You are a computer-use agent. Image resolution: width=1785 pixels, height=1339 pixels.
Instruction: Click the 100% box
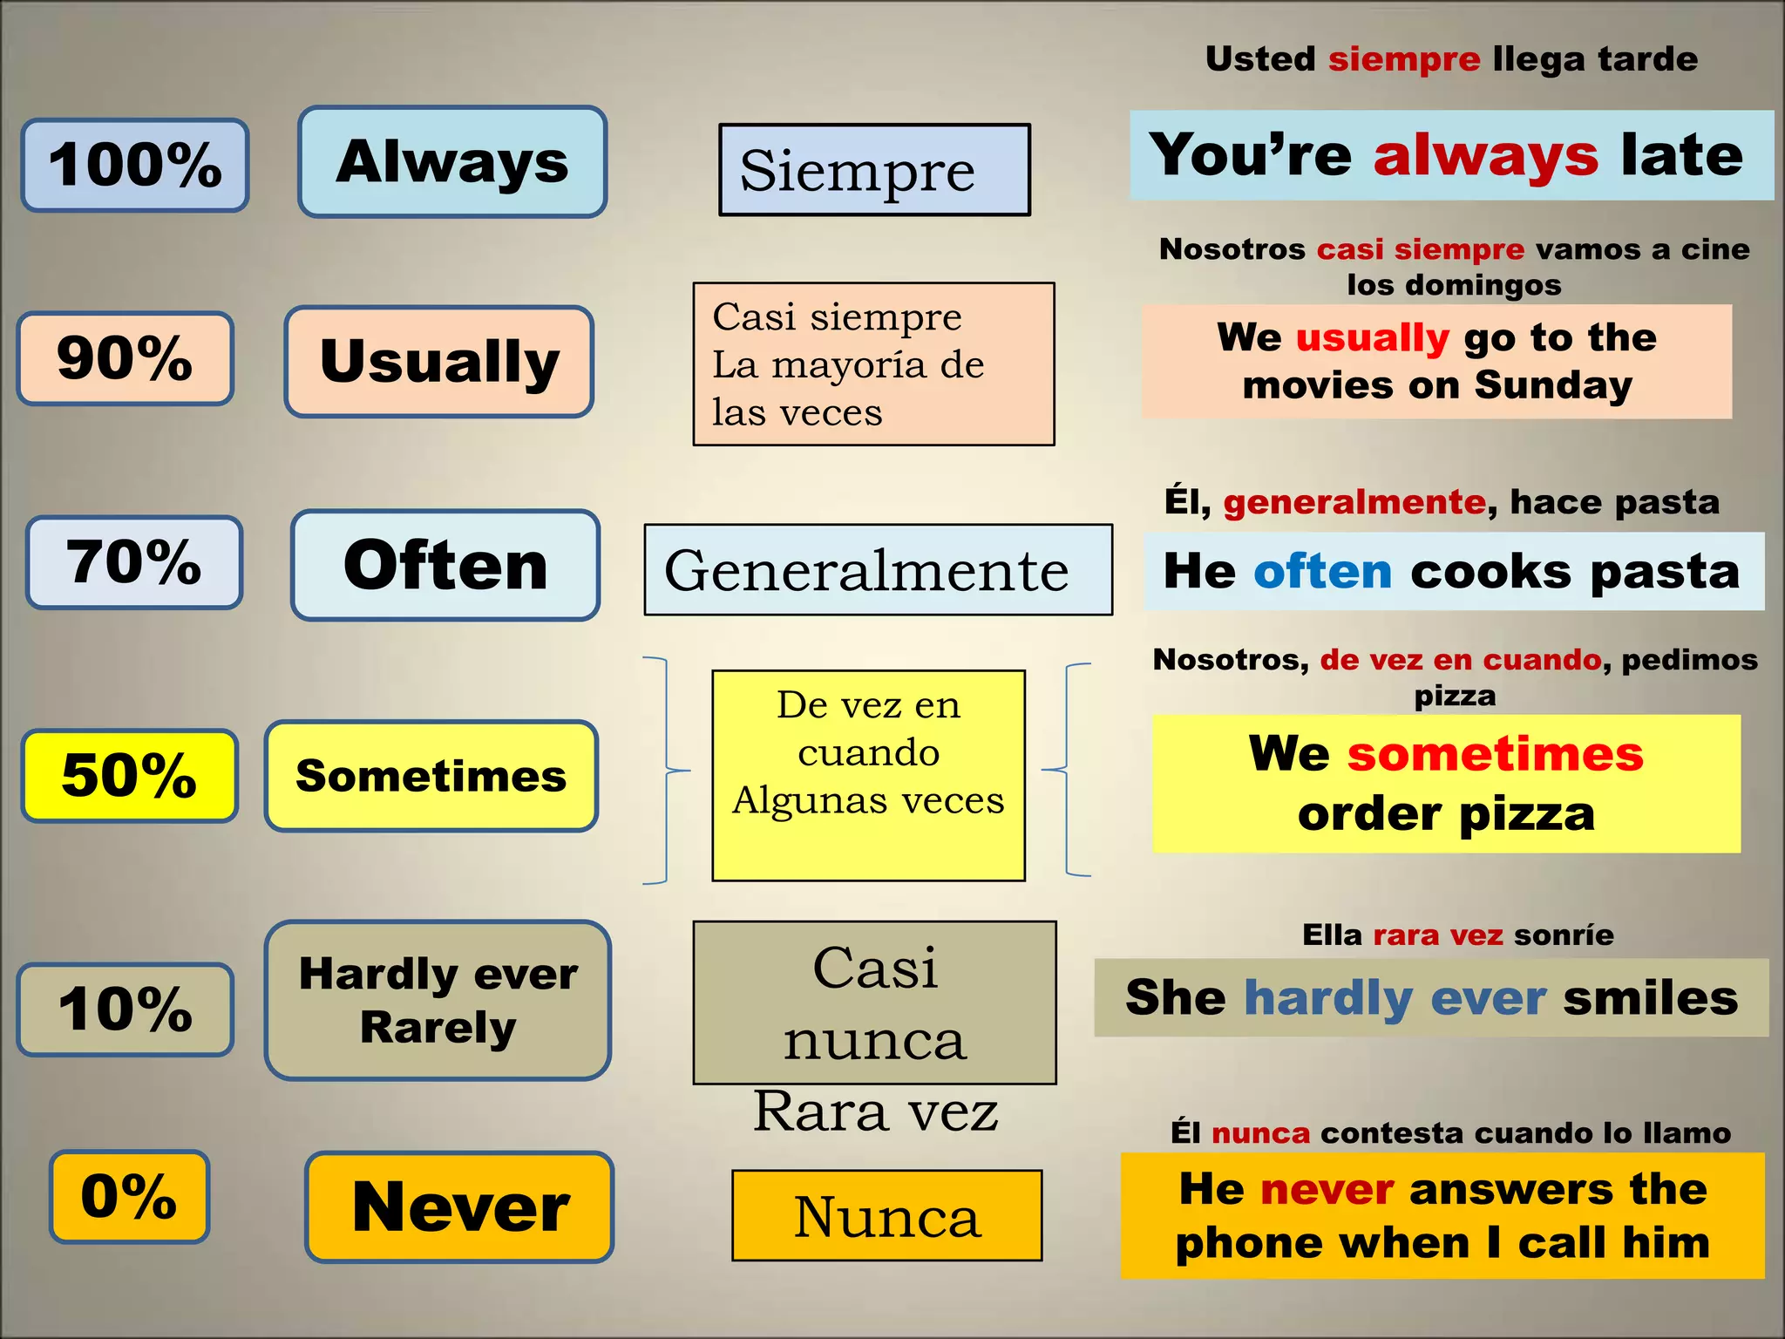tap(135, 165)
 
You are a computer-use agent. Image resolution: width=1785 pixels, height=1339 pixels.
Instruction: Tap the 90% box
tap(126, 358)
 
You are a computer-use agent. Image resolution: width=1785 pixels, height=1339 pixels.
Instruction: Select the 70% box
tap(134, 562)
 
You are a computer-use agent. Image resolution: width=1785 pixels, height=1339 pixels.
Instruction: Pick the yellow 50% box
tap(130, 775)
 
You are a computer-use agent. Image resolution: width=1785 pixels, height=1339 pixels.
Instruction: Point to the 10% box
tap(126, 1009)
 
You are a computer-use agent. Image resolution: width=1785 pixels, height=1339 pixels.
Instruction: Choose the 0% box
tap(129, 1196)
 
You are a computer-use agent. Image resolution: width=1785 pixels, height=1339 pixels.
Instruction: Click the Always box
tap(452, 162)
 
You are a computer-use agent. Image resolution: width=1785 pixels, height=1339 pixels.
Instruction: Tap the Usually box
tap(439, 361)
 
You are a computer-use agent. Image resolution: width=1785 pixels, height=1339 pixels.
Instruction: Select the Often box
tap(445, 565)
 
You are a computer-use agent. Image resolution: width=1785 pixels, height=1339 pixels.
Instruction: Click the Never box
tap(460, 1207)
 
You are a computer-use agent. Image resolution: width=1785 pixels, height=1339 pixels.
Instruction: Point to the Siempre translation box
tap(874, 170)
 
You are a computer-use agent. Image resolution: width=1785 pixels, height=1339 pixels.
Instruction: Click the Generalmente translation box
tap(878, 570)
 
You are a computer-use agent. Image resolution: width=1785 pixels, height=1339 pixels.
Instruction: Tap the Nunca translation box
tap(886, 1215)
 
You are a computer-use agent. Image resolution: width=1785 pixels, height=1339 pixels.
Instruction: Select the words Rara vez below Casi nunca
tap(875, 1111)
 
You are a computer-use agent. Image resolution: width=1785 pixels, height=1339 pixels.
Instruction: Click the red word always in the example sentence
tap(1486, 156)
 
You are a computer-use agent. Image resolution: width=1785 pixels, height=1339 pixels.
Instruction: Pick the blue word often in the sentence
tap(1322, 572)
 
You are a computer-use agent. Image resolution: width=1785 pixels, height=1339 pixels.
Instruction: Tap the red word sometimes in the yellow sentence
tap(1495, 754)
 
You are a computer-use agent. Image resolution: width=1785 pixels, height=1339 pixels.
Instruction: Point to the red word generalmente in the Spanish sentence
tap(1354, 502)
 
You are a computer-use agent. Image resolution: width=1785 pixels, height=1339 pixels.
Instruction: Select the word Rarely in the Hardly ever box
tap(438, 1027)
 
